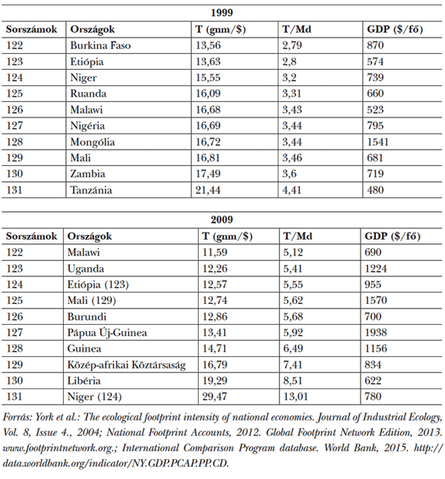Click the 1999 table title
[x=222, y=13]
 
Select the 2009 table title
[x=222, y=218]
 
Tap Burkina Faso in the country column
[x=100, y=45]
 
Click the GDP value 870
[x=375, y=45]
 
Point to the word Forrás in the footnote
[x=18, y=417]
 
